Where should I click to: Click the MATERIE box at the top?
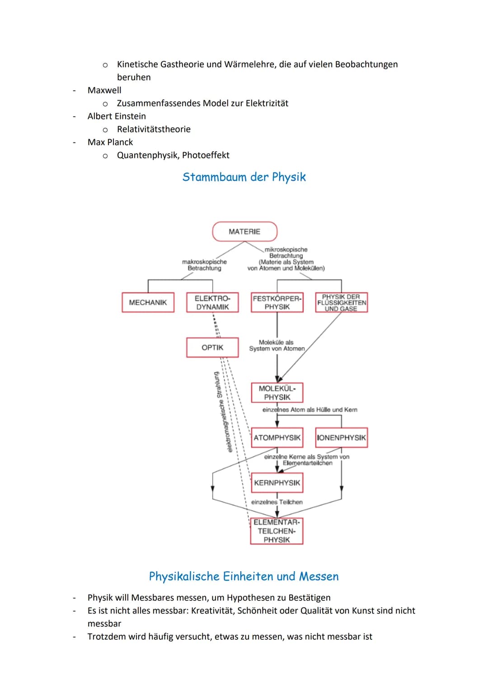click(x=244, y=231)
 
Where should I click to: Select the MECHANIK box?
click(x=148, y=302)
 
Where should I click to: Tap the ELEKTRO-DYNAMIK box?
click(x=212, y=302)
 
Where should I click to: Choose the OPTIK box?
click(x=212, y=347)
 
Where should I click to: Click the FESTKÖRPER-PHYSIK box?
click(x=277, y=302)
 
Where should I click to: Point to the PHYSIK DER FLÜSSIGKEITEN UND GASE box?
click(x=341, y=302)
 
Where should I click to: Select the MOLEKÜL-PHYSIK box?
click(x=277, y=393)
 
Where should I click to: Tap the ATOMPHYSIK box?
click(x=277, y=437)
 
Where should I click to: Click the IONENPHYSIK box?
click(x=341, y=437)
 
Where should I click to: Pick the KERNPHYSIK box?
click(x=277, y=483)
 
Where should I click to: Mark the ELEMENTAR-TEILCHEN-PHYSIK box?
click(x=277, y=531)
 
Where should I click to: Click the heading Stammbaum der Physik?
click(x=244, y=177)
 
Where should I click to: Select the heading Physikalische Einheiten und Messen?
click(x=244, y=576)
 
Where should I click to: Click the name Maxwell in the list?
click(x=104, y=90)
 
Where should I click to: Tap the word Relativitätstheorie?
click(x=154, y=129)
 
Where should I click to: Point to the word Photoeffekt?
click(x=206, y=155)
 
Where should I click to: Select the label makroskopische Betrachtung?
click(x=204, y=265)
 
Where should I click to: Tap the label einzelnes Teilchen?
click(x=277, y=502)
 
